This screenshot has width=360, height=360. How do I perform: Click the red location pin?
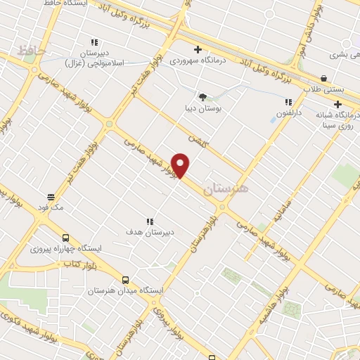(x=181, y=165)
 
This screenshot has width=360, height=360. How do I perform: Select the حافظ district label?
(x=31, y=51)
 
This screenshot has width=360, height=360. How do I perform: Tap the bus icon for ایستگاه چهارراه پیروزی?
(x=65, y=238)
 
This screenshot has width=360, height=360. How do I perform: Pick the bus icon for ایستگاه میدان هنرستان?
(x=125, y=279)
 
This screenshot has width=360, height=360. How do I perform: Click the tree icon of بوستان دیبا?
(x=202, y=97)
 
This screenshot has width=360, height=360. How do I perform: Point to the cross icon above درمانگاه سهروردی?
(x=198, y=49)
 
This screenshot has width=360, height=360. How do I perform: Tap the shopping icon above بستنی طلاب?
(x=323, y=79)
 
